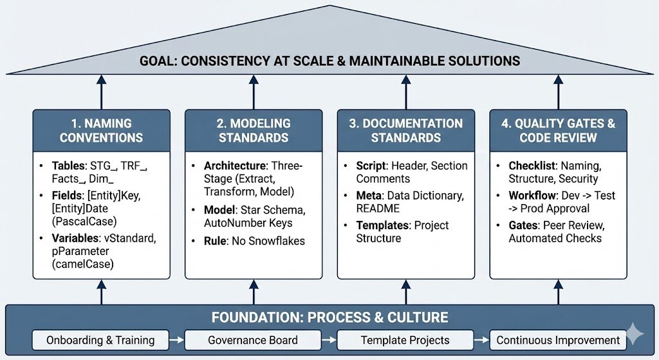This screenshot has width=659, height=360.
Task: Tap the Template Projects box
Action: point(405,340)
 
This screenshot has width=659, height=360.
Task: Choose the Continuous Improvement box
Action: point(558,340)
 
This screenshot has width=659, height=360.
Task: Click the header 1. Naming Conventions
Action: point(101,130)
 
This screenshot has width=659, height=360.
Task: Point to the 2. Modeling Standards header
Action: point(253,130)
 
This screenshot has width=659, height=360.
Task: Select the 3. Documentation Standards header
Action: point(405,130)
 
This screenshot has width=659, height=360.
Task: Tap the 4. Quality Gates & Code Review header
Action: point(558,130)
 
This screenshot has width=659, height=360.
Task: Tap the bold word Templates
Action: point(384,225)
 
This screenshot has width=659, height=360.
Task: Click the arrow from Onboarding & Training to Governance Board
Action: point(177,340)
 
